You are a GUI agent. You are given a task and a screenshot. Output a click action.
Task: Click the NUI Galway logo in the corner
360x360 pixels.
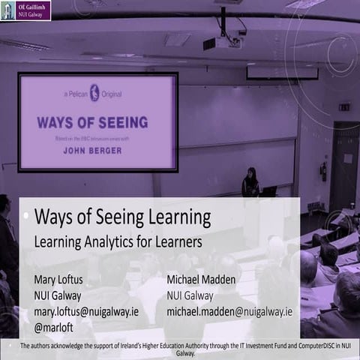point(26,10)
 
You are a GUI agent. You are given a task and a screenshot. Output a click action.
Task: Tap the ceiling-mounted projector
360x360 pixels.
point(223,40)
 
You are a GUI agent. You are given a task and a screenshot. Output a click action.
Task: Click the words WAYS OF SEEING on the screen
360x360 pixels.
point(92,121)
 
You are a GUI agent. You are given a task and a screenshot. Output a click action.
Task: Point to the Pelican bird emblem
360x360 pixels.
point(94,93)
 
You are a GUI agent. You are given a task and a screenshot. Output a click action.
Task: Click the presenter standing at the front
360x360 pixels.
point(250,182)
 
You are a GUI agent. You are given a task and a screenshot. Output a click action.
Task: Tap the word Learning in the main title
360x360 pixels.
point(174,219)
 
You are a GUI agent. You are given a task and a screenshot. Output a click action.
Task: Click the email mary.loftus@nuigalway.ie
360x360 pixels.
point(86,311)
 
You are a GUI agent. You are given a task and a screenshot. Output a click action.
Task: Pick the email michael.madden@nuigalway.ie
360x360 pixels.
point(229,311)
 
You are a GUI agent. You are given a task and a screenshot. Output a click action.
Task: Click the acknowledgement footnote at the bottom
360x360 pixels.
point(180,349)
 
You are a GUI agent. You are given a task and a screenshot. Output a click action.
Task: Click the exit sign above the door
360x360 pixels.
point(343,107)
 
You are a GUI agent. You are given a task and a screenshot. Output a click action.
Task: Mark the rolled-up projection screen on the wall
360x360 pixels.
point(282,73)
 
